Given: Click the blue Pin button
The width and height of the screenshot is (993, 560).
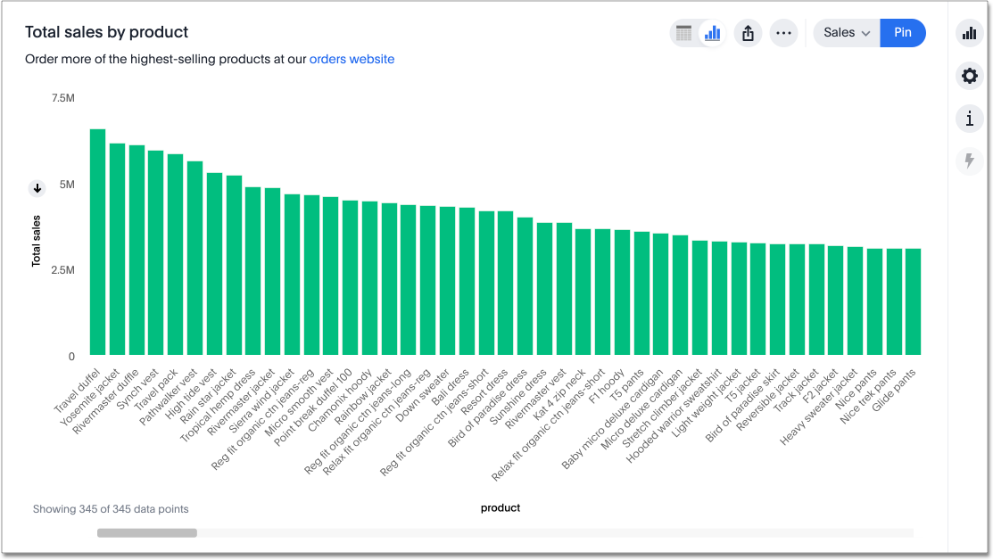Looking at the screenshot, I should tap(903, 33).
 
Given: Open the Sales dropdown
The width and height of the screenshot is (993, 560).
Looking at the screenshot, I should tap(847, 33).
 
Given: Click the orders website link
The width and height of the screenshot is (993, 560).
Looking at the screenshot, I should tap(352, 60).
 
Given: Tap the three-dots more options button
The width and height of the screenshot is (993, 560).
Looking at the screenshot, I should tap(783, 33).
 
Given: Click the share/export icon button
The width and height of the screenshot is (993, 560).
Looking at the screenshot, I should tap(748, 33).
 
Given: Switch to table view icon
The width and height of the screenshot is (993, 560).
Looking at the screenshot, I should tap(684, 33).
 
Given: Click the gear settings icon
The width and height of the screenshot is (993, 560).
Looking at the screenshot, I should tap(970, 76).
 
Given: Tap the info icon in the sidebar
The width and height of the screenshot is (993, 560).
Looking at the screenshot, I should tap(970, 119).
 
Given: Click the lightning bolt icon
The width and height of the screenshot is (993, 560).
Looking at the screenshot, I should tap(970, 161).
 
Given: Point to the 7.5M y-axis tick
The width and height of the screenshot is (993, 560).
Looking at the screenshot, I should tap(62, 98).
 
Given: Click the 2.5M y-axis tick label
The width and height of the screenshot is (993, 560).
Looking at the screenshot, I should tap(62, 270).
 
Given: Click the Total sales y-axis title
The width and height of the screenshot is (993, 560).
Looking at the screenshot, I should tap(37, 241).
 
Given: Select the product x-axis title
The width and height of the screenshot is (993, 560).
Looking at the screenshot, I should tap(501, 508).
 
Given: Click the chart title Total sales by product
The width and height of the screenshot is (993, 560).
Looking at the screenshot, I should tap(106, 32).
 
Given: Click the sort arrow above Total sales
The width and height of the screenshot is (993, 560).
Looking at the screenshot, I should tap(37, 188).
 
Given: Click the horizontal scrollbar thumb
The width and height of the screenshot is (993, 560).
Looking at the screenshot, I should tap(147, 533).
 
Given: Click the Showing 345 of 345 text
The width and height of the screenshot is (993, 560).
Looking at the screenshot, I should tap(111, 509).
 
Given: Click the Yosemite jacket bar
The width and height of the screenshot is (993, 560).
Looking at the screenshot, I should tap(117, 249).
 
